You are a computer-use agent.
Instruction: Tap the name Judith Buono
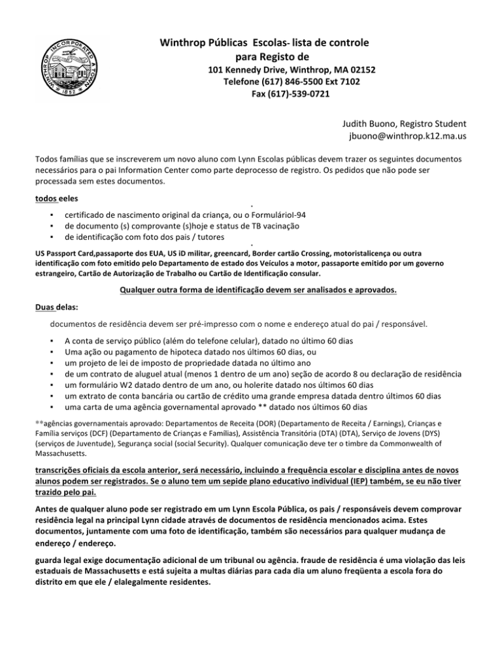376,124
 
